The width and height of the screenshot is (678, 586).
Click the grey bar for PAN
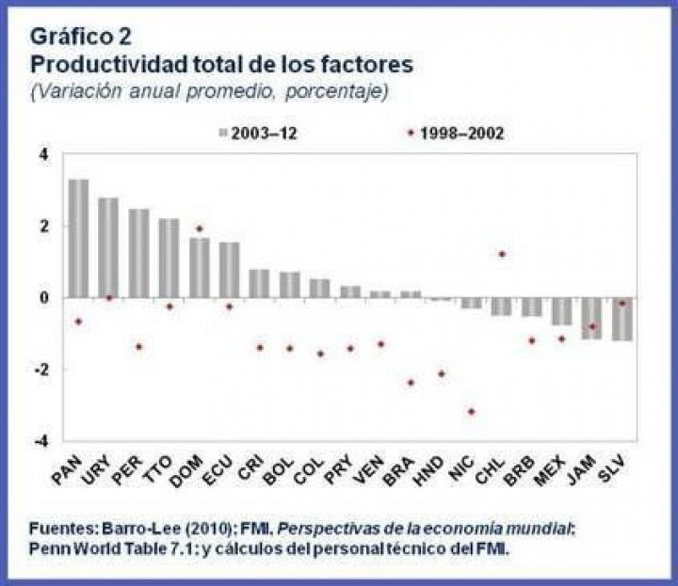pyautogui.click(x=78, y=238)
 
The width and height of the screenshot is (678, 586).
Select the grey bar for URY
pyautogui.click(x=108, y=247)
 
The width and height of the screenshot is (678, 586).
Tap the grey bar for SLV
pyautogui.click(x=621, y=319)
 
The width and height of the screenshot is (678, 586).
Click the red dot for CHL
pyautogui.click(x=502, y=254)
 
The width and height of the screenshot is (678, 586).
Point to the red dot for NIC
pyautogui.click(x=471, y=412)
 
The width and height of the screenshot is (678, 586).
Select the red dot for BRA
pyautogui.click(x=411, y=383)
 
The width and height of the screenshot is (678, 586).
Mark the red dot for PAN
pyautogui.click(x=78, y=322)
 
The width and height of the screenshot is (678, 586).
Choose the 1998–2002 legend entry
pyautogui.click(x=457, y=134)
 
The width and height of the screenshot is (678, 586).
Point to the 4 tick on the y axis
pyautogui.click(x=42, y=154)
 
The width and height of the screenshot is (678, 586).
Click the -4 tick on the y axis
pyautogui.click(x=40, y=442)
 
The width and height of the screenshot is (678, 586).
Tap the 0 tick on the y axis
pyautogui.click(x=42, y=298)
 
